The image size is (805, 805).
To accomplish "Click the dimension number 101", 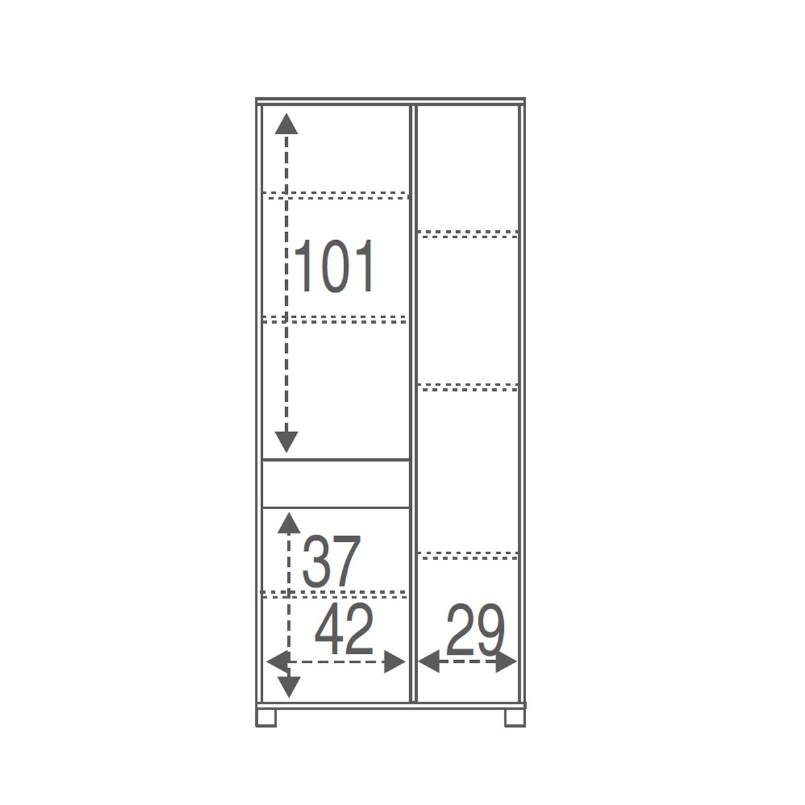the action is pyautogui.click(x=334, y=266).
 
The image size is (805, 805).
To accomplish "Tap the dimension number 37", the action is pyautogui.click(x=331, y=561).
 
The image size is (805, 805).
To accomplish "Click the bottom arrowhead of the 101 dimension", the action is pyautogui.click(x=286, y=442).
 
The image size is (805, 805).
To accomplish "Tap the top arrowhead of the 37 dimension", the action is pyautogui.click(x=288, y=523).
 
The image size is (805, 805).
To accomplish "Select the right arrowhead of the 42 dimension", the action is pyautogui.click(x=394, y=662).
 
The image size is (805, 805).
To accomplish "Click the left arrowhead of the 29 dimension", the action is pyautogui.click(x=429, y=661).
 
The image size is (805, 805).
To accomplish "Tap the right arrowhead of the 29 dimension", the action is pyautogui.click(x=506, y=661).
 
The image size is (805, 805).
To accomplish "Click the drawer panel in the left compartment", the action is pyautogui.click(x=335, y=484).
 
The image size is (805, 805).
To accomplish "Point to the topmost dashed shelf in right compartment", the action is pyautogui.click(x=468, y=234).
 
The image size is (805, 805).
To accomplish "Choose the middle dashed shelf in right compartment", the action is pyautogui.click(x=468, y=387).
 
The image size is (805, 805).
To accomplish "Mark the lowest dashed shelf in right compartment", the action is pyautogui.click(x=468, y=555).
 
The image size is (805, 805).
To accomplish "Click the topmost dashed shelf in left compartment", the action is pyautogui.click(x=335, y=195).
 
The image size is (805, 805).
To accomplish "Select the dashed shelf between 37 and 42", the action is pyautogui.click(x=334, y=594).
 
